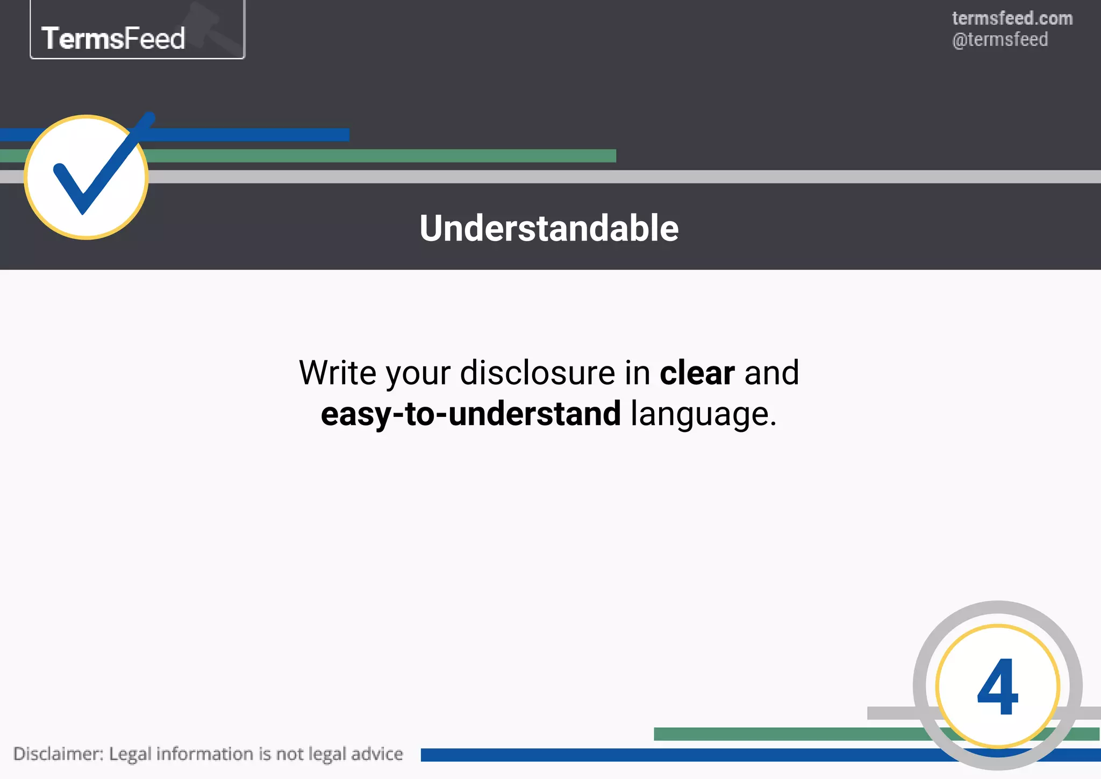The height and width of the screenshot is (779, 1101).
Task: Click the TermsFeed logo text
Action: pyautogui.click(x=113, y=38)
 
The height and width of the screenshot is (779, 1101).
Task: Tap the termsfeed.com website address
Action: pyautogui.click(x=1012, y=18)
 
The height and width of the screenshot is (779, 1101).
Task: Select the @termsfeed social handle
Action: pyautogui.click(x=1000, y=40)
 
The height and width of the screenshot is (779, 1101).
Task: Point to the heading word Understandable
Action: pyautogui.click(x=549, y=228)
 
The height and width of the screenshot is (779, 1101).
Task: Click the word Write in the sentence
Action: pyautogui.click(x=337, y=372)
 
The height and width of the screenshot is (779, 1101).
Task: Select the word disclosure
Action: pyautogui.click(x=538, y=372)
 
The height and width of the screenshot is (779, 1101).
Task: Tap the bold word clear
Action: pyautogui.click(x=697, y=372)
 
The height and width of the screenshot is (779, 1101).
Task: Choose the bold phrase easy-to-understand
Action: pyautogui.click(x=470, y=414)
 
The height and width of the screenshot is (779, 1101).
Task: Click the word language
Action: pyautogui.click(x=703, y=415)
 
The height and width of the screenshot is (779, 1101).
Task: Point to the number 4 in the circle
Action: pyautogui.click(x=997, y=687)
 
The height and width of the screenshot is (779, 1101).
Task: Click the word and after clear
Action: pyautogui.click(x=771, y=372)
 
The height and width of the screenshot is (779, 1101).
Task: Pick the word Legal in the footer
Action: pyautogui.click(x=130, y=754)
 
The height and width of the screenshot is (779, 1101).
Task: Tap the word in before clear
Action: pyautogui.click(x=637, y=372)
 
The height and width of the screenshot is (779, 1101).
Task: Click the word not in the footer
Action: pyautogui.click(x=290, y=754)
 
